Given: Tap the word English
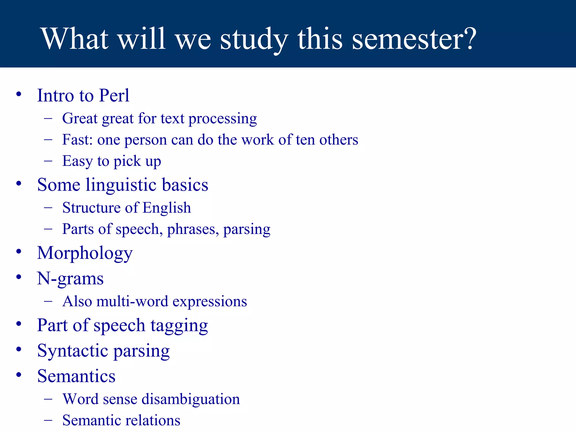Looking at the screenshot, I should tap(166, 208).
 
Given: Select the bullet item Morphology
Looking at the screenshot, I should tap(85, 253).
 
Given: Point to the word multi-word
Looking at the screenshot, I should tap(132, 301).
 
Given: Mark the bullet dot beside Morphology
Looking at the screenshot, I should tap(19, 251).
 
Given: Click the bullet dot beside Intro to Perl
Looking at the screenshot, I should tap(19, 94).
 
